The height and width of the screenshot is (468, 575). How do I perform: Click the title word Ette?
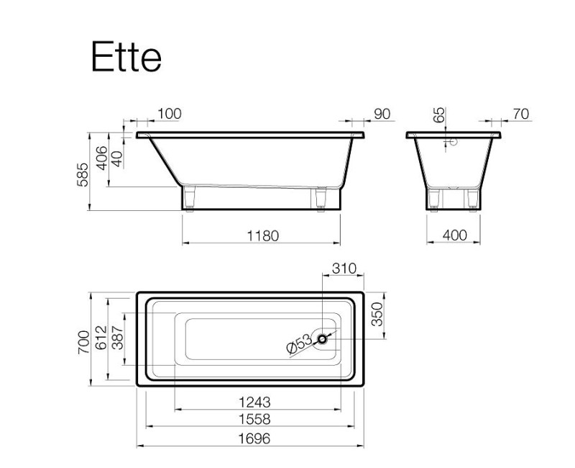click(x=126, y=57)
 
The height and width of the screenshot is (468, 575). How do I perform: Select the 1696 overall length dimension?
click(x=252, y=438)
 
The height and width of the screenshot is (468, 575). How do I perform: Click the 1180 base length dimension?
click(x=259, y=235)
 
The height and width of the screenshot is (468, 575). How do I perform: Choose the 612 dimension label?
click(x=101, y=339)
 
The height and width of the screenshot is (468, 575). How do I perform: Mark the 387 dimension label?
click(x=117, y=339)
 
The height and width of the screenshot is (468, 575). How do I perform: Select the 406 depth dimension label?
click(x=101, y=158)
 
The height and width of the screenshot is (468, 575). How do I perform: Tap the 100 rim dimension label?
click(x=169, y=114)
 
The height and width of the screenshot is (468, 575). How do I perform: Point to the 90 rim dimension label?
click(x=382, y=114)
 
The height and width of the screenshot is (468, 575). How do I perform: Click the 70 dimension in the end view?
click(x=521, y=114)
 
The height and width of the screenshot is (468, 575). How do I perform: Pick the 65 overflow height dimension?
click(x=438, y=115)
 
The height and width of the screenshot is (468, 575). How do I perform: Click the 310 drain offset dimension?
click(x=344, y=269)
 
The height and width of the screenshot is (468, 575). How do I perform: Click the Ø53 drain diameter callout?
click(x=298, y=344)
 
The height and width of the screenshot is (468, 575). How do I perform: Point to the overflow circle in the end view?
click(x=453, y=142)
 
